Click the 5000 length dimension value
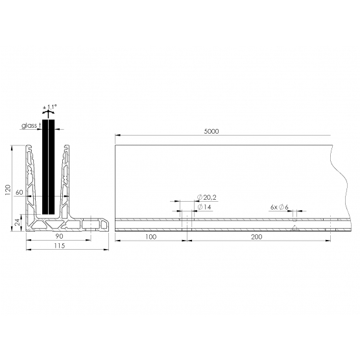coord(211,131)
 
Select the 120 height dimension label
coord(8,189)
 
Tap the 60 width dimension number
coord(19,192)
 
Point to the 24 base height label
coord(18,222)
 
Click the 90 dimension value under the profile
coord(59,236)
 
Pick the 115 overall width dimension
coord(60,246)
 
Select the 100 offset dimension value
coord(151,237)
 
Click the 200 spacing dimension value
coord(256,237)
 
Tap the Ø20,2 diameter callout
coord(207,197)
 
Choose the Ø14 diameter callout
coord(204,208)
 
